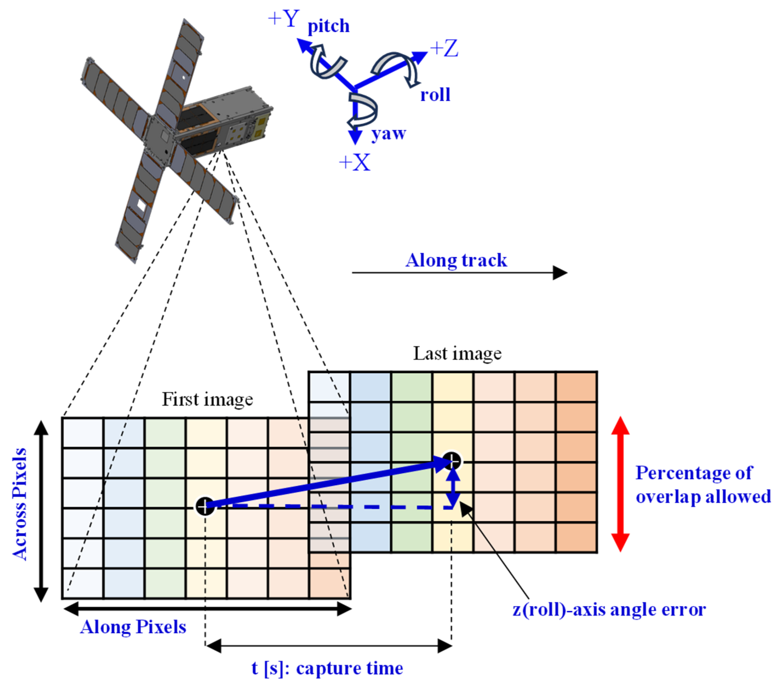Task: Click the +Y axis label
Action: (284, 19)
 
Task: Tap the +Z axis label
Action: (444, 50)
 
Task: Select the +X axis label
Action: (354, 163)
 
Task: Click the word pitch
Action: (328, 26)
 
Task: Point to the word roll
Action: (435, 95)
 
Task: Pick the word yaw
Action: (388, 134)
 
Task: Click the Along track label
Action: (456, 261)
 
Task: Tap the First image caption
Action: (207, 399)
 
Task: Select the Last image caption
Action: (457, 354)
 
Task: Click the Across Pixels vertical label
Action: (20, 504)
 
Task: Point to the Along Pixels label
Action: (133, 627)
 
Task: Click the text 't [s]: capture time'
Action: (327, 668)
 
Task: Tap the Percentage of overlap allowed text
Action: (703, 485)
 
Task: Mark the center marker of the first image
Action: (205, 506)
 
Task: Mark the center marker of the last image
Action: (452, 461)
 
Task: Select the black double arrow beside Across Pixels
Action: (41, 511)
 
